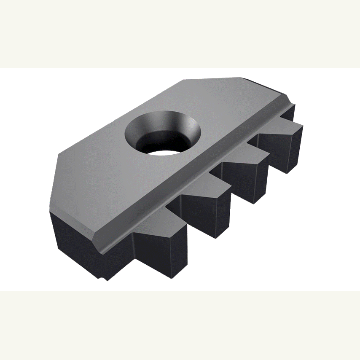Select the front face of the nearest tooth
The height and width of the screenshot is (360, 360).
click(x=160, y=257)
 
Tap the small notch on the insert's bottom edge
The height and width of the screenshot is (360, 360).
click(x=102, y=279)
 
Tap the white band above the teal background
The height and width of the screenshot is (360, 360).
click(x=180, y=34)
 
